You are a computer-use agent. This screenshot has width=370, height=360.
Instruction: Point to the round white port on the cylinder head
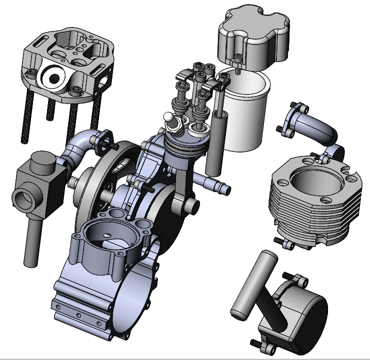[53, 77]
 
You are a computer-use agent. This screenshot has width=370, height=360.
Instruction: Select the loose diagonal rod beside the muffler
[255, 285]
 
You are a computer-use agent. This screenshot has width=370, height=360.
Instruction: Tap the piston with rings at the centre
[185, 145]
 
